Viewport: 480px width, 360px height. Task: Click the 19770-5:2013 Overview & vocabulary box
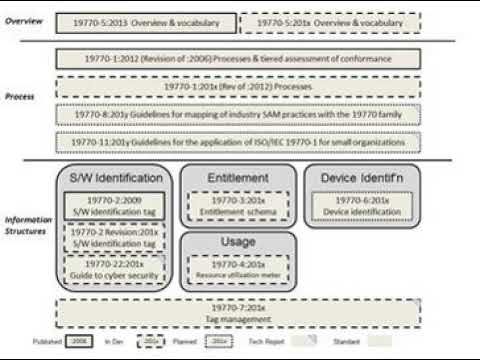coord(146,20)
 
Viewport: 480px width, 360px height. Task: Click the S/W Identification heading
coord(115,178)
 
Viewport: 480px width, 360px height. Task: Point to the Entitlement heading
coord(237,178)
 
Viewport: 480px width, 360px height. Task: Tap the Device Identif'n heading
coord(358,178)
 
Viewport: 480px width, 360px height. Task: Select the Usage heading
coord(237,243)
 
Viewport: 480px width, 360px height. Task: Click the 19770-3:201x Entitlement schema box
coord(237,206)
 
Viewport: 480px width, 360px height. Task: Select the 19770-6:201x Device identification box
coord(358,206)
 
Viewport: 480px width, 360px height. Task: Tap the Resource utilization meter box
coord(237,268)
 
